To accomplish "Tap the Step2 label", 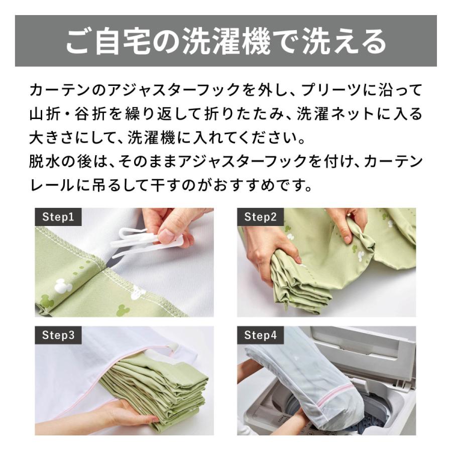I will (260, 217).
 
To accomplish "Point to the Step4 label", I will (260, 335).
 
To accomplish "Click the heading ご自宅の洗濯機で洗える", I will (225, 42).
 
